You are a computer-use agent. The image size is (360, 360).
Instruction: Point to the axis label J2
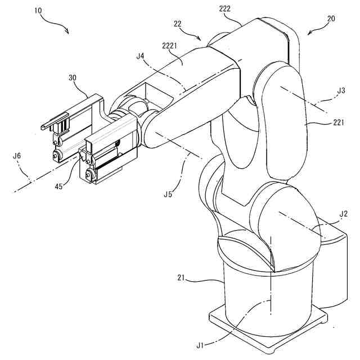343,213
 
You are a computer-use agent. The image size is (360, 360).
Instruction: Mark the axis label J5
167,195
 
